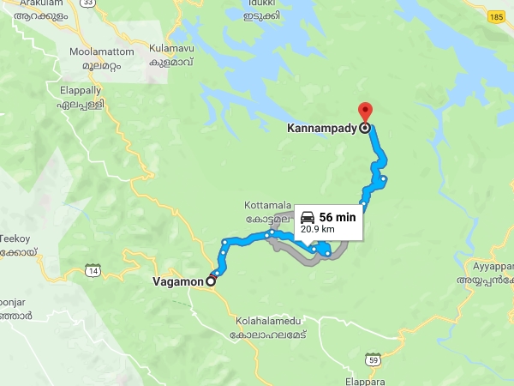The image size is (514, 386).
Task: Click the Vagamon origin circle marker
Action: [x=211, y=280]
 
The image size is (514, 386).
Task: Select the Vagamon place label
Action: [x=176, y=280]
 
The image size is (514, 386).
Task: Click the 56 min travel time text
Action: [x=337, y=217]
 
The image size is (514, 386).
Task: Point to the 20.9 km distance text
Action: [x=316, y=230]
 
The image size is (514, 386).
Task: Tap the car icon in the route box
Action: [x=308, y=217]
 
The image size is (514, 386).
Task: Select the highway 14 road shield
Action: [x=93, y=271]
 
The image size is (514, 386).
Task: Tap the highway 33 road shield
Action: [x=64, y=3]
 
